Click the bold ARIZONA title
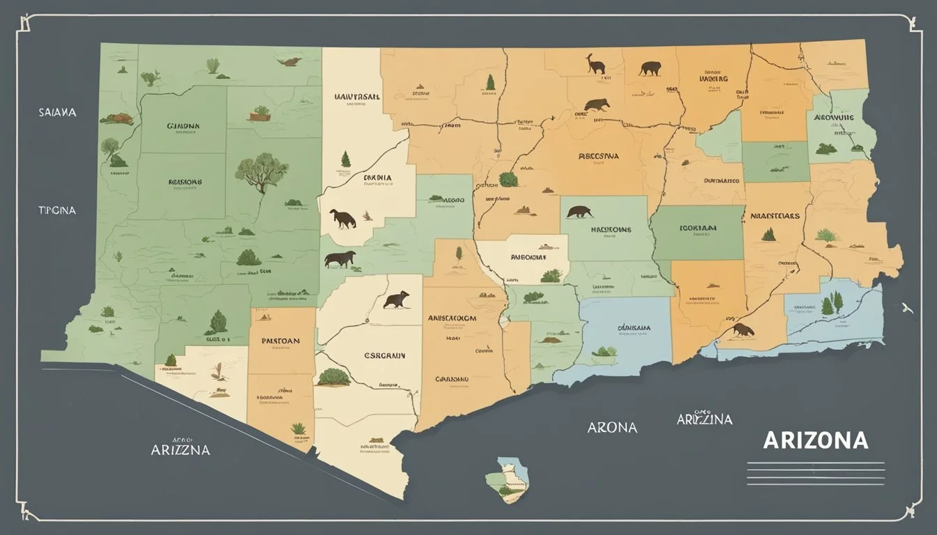(816, 440)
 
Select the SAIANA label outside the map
(58, 111)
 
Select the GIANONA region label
(183, 127)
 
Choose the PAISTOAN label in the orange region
(280, 341)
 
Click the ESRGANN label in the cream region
(383, 355)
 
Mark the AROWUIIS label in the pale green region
(835, 118)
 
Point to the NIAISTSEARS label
(775, 216)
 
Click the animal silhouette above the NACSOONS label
(579, 211)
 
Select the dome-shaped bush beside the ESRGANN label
(333, 377)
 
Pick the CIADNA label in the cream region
(377, 178)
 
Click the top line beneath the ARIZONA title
(815, 463)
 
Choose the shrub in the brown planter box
(261, 112)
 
